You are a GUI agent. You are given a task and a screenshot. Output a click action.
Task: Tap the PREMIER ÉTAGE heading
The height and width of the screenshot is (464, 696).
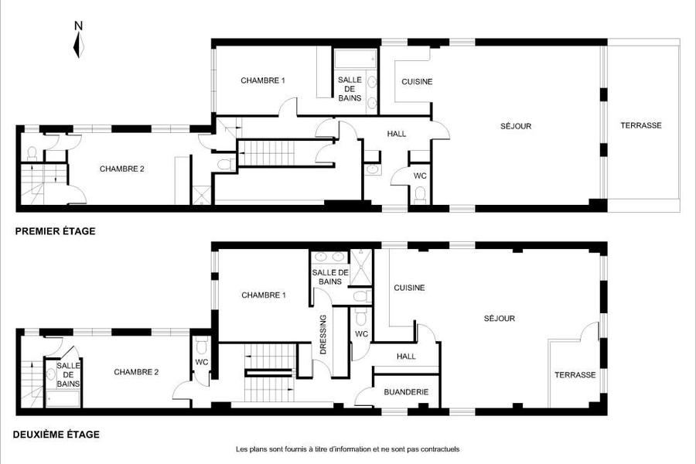click(x=56, y=231)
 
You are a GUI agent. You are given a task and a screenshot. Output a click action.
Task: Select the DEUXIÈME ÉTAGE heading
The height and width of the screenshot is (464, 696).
click(x=56, y=435)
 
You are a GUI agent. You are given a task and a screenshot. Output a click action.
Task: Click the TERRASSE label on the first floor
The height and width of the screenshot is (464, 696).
click(x=641, y=125)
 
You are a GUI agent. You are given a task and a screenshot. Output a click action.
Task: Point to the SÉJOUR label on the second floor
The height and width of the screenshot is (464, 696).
click(x=500, y=319)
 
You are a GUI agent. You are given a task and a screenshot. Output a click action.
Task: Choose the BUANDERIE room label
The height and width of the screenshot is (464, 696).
click(x=406, y=392)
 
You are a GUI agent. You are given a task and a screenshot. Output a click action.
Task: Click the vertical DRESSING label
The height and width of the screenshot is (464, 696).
click(x=323, y=334)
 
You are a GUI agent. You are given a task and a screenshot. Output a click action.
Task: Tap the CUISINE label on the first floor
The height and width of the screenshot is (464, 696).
click(x=417, y=82)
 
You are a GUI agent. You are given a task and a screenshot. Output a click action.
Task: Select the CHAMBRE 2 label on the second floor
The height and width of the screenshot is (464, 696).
click(x=136, y=372)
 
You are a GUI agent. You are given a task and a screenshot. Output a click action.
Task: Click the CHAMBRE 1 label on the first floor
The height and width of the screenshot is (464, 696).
click(x=263, y=80)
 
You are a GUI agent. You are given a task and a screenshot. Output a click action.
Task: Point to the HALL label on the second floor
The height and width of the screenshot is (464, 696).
click(x=406, y=356)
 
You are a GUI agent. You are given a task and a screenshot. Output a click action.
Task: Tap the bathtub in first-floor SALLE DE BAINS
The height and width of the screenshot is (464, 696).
click(x=355, y=59)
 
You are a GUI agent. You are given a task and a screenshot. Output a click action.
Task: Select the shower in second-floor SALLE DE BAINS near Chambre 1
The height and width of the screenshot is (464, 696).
click(x=361, y=268)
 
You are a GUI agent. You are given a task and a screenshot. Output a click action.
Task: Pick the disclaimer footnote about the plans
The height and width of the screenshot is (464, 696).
click(x=347, y=449)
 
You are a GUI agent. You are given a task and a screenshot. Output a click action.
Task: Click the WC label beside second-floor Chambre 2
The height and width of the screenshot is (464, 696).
click(x=202, y=363)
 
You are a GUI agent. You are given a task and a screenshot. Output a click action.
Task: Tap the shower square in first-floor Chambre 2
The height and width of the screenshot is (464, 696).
click(x=202, y=196)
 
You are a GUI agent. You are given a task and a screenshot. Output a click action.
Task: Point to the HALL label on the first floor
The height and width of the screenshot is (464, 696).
click(x=397, y=134)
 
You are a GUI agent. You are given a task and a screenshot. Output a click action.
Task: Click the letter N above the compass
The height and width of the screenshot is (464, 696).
click(x=79, y=26)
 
